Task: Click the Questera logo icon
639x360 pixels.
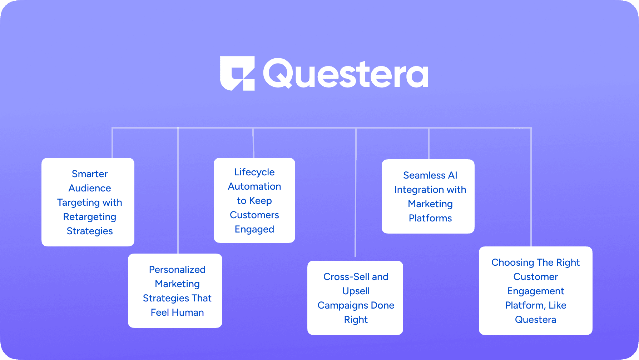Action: click(x=237, y=73)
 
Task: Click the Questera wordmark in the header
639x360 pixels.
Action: click(x=346, y=74)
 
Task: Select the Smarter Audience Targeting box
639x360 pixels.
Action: click(x=88, y=202)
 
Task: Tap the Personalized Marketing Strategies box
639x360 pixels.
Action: click(x=175, y=291)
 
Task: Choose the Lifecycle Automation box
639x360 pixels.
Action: click(x=254, y=200)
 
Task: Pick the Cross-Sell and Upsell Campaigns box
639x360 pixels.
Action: click(x=355, y=298)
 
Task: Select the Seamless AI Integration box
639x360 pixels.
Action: click(x=428, y=196)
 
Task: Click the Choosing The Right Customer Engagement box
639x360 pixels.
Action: click(x=536, y=291)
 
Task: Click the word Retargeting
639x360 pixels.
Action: click(x=90, y=217)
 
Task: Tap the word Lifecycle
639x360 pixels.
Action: click(x=254, y=172)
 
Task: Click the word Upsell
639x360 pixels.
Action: click(x=356, y=291)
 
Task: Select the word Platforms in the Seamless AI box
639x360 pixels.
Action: click(x=430, y=218)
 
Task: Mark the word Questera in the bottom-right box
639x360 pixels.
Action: click(x=536, y=320)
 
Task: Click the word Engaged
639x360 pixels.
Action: click(x=254, y=230)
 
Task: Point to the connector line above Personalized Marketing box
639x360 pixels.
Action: click(x=178, y=191)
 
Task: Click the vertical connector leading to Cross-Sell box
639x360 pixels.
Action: click(x=356, y=192)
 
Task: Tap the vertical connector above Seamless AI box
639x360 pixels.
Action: click(x=429, y=144)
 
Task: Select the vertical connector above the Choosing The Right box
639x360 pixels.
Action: click(x=531, y=187)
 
